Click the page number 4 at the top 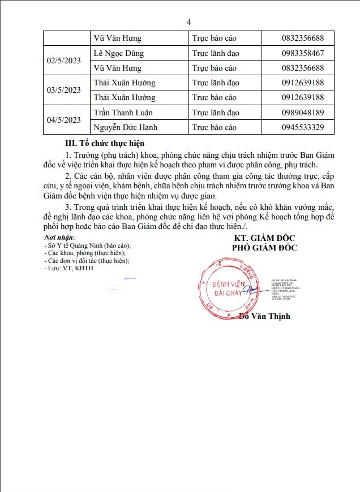pyautogui.click(x=189, y=22)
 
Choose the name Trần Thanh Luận pyautogui.click(x=123, y=112)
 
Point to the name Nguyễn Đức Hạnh pyautogui.click(x=126, y=127)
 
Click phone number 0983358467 pyautogui.click(x=302, y=53)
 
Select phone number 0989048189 pyautogui.click(x=302, y=112)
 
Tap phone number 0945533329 pyautogui.click(x=302, y=127)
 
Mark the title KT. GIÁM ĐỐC pyautogui.click(x=264, y=238)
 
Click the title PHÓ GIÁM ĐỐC pyautogui.click(x=264, y=247)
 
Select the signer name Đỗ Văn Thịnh pyautogui.click(x=264, y=316)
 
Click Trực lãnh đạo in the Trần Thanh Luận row pyautogui.click(x=216, y=112)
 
